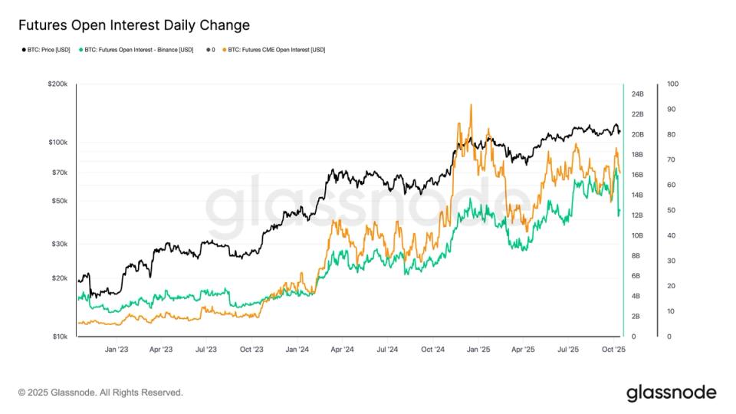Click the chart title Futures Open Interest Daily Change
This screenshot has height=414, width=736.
pos(134,25)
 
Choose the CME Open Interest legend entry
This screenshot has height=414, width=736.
pos(276,50)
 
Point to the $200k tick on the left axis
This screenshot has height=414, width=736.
pos(59,84)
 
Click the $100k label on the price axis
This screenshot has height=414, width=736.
pos(59,143)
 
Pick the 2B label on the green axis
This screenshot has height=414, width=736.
pos(636,316)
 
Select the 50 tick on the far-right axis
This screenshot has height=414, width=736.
pos(669,210)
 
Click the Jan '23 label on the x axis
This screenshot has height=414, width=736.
pos(116,349)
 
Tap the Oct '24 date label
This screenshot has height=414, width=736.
pos(433,349)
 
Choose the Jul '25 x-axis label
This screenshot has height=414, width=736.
pos(568,349)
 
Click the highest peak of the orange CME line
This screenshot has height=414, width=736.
pos(471,105)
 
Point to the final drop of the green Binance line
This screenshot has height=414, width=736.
pos(619,215)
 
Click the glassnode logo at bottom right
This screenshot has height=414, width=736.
pos(671,393)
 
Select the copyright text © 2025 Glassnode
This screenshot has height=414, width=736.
pos(100,393)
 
